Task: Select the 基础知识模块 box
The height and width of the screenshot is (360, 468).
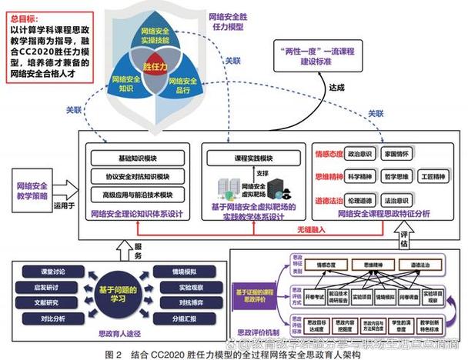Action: click(137, 158)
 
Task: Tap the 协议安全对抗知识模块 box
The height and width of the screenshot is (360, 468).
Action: click(137, 176)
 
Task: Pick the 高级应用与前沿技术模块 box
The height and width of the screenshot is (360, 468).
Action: click(137, 194)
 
